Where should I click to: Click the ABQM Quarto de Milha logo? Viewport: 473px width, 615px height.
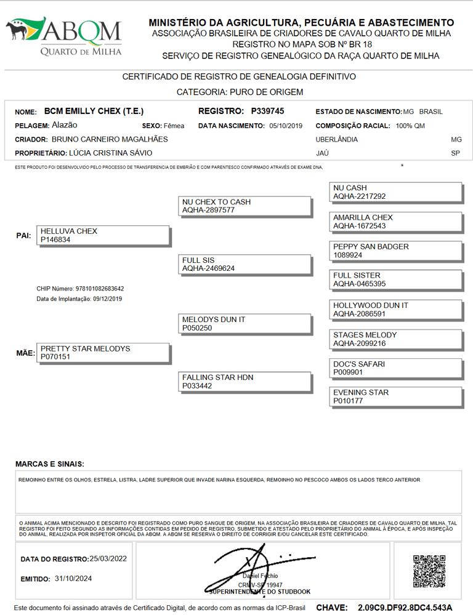pyautogui.click(x=64, y=36)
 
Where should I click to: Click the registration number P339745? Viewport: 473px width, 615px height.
pyautogui.click(x=267, y=111)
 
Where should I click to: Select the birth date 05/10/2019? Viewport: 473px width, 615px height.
pyautogui.click(x=286, y=126)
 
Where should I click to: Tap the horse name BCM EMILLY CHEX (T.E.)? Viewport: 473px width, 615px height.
pyautogui.click(x=94, y=111)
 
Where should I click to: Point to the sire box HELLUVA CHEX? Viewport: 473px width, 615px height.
pyautogui.click(x=102, y=235)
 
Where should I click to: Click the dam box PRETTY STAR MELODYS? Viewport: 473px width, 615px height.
pyautogui.click(x=102, y=352)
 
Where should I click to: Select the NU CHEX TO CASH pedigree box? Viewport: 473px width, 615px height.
pyautogui.click(x=244, y=206)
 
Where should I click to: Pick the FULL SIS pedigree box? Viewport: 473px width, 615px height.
pyautogui.click(x=244, y=264)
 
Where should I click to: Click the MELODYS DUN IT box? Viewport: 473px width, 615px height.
pyautogui.click(x=244, y=324)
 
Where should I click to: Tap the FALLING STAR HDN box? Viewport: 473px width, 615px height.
pyautogui.click(x=244, y=381)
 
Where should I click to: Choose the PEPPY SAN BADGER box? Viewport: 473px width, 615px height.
pyautogui.click(x=395, y=251)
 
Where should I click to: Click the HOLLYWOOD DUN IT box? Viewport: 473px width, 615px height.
pyautogui.click(x=395, y=309)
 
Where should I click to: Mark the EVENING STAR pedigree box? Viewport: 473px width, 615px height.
pyautogui.click(x=395, y=396)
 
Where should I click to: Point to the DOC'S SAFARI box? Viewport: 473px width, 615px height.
pyautogui.click(x=395, y=368)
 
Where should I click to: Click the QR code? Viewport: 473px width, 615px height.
pyautogui.click(x=429, y=571)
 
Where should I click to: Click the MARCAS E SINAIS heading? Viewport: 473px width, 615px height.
pyautogui.click(x=49, y=464)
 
